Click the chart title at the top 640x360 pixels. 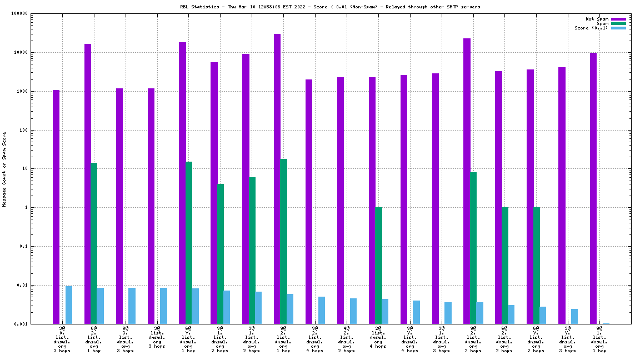click(326, 7)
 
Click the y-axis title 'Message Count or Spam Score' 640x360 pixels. click(4, 169)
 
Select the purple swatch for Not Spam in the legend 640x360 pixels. click(618, 19)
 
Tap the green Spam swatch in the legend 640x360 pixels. click(618, 23)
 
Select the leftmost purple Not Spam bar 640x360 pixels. click(56, 207)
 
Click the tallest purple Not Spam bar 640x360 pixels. click(277, 178)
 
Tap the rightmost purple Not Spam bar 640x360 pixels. click(593, 188)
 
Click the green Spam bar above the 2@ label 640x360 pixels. click(378, 266)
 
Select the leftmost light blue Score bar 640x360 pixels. click(69, 305)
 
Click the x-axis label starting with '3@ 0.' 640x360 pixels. click(62, 339)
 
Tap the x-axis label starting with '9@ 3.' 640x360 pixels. click(125, 339)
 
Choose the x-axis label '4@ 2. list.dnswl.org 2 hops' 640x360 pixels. click(346, 339)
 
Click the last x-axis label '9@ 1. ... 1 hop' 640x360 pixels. click(599, 339)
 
